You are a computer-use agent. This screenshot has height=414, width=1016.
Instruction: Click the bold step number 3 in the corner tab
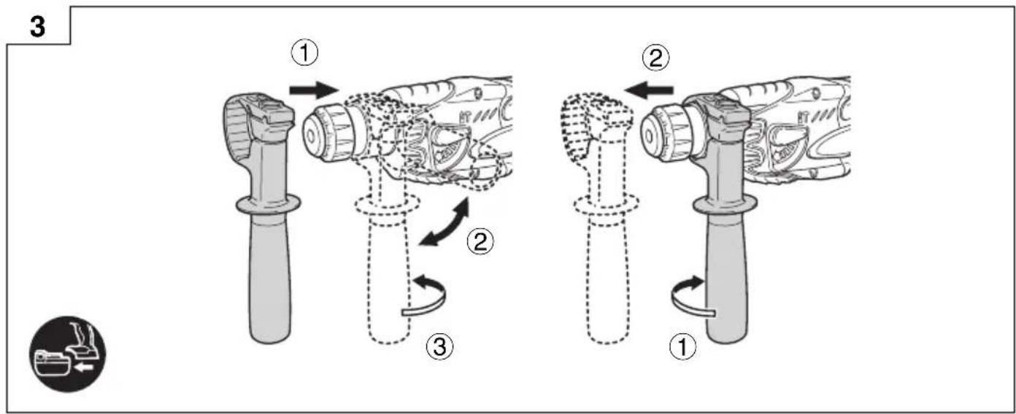point(38,26)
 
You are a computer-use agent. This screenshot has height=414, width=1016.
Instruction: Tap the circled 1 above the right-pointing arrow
point(305,53)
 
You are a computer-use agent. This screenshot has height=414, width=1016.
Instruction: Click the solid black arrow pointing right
point(314,90)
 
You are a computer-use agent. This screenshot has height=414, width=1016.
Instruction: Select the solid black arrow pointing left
point(649,90)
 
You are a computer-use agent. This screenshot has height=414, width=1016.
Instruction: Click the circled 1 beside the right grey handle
point(683,348)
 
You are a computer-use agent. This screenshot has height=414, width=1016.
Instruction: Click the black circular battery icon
point(68,354)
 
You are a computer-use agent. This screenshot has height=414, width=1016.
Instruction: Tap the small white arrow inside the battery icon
point(83,367)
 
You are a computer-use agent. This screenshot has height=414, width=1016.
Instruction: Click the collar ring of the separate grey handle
point(268,204)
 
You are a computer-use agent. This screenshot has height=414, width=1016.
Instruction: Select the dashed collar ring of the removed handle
point(607,205)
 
